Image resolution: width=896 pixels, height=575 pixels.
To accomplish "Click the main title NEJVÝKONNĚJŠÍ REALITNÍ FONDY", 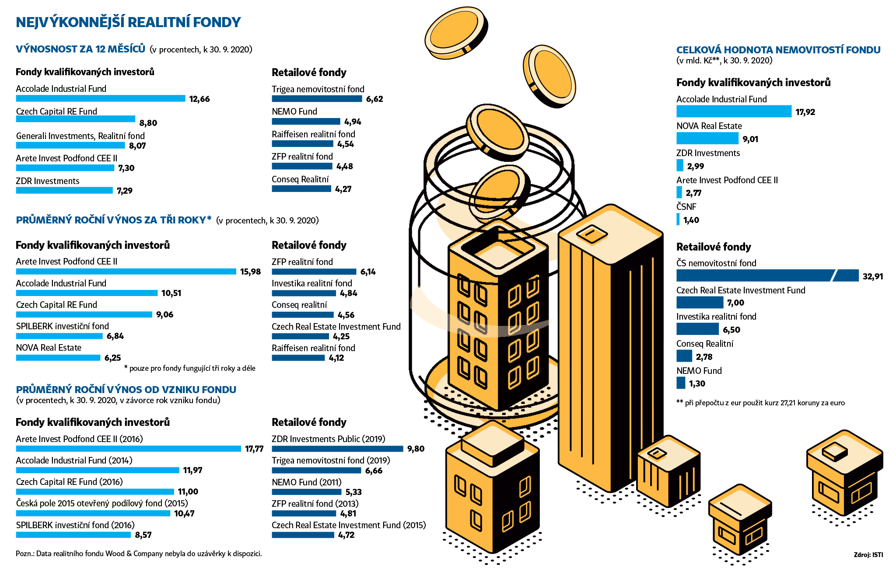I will click(x=128, y=22).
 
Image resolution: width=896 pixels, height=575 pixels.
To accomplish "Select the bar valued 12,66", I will click(x=100, y=98).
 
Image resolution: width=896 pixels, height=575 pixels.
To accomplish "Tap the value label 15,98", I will click(x=250, y=272).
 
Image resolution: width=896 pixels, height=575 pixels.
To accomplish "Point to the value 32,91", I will click(x=872, y=276).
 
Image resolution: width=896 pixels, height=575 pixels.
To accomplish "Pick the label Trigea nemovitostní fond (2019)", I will click(x=330, y=460).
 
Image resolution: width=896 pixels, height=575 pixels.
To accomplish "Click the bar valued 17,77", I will click(x=128, y=449).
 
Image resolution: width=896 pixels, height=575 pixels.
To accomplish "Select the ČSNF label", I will click(x=686, y=207).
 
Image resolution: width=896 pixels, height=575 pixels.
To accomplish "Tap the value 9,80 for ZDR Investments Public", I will click(x=416, y=449).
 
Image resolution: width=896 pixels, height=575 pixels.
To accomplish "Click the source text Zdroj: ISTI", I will click(x=868, y=554).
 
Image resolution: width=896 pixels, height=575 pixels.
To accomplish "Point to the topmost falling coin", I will click(x=456, y=33).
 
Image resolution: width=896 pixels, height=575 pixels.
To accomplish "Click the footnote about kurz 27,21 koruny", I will click(x=760, y=403).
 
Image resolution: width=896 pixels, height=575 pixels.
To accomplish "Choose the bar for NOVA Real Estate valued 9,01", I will click(x=707, y=139).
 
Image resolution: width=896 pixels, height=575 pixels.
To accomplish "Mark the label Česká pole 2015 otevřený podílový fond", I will click(x=101, y=503).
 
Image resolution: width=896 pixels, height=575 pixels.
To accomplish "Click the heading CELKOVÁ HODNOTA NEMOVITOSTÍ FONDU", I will click(x=778, y=50).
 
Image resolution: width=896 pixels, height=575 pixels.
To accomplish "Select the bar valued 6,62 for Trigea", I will click(x=316, y=99).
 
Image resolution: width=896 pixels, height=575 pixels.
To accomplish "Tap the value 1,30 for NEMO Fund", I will click(x=697, y=383).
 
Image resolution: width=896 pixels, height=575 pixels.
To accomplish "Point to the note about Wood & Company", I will click(x=139, y=554).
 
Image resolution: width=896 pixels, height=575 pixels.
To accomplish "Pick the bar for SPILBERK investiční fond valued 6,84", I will click(x=59, y=336).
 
